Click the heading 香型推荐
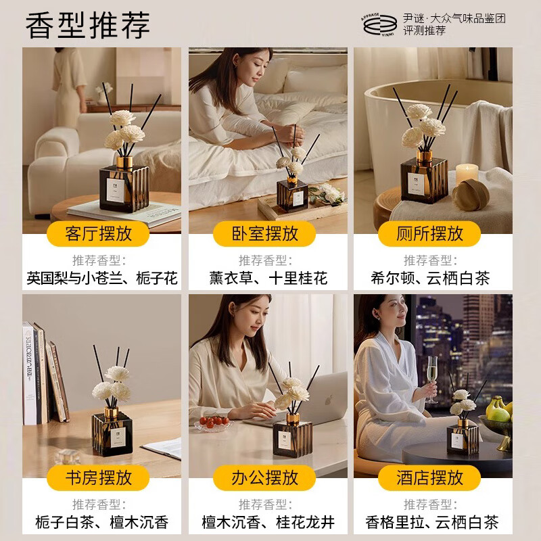[x=88, y=25]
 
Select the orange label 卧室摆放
[x=264, y=234]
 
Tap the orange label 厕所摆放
[x=429, y=234]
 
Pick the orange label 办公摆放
[x=264, y=478]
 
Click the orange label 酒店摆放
[x=429, y=478]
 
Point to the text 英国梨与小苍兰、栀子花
[x=101, y=278]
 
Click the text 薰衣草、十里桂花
[x=268, y=278]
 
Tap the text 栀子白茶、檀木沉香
[x=101, y=522]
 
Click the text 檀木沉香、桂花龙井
[x=268, y=522]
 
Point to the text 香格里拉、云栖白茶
[x=431, y=522]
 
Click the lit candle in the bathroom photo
[x=467, y=173]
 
